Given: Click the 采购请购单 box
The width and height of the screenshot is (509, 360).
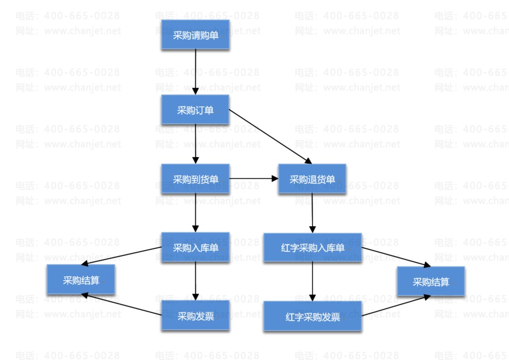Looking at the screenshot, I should click(195, 36).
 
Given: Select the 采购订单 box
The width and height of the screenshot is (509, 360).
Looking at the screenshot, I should click(195, 110).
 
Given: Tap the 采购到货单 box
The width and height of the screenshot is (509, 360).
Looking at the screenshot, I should click(195, 179).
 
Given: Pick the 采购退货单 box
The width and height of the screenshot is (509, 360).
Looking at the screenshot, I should click(312, 179).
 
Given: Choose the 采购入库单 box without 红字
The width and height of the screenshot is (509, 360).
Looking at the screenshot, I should click(195, 248).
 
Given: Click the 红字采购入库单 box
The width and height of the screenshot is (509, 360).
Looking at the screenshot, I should click(313, 248).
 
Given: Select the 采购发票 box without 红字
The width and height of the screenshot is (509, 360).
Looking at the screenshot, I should click(195, 316).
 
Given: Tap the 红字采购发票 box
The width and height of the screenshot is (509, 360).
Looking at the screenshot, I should click(313, 316).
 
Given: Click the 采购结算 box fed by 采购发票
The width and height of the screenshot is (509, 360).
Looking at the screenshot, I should click(81, 280).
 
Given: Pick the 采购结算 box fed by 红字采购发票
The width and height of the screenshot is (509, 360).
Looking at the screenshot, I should click(431, 282).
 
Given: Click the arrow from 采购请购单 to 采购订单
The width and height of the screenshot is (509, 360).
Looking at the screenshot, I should click(195, 72).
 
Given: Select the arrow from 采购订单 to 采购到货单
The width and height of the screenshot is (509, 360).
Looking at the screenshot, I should click(195, 144).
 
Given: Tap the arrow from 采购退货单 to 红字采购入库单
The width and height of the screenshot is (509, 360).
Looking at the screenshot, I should click(312, 213).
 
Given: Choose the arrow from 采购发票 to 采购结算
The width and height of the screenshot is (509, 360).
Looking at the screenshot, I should click(122, 305).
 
